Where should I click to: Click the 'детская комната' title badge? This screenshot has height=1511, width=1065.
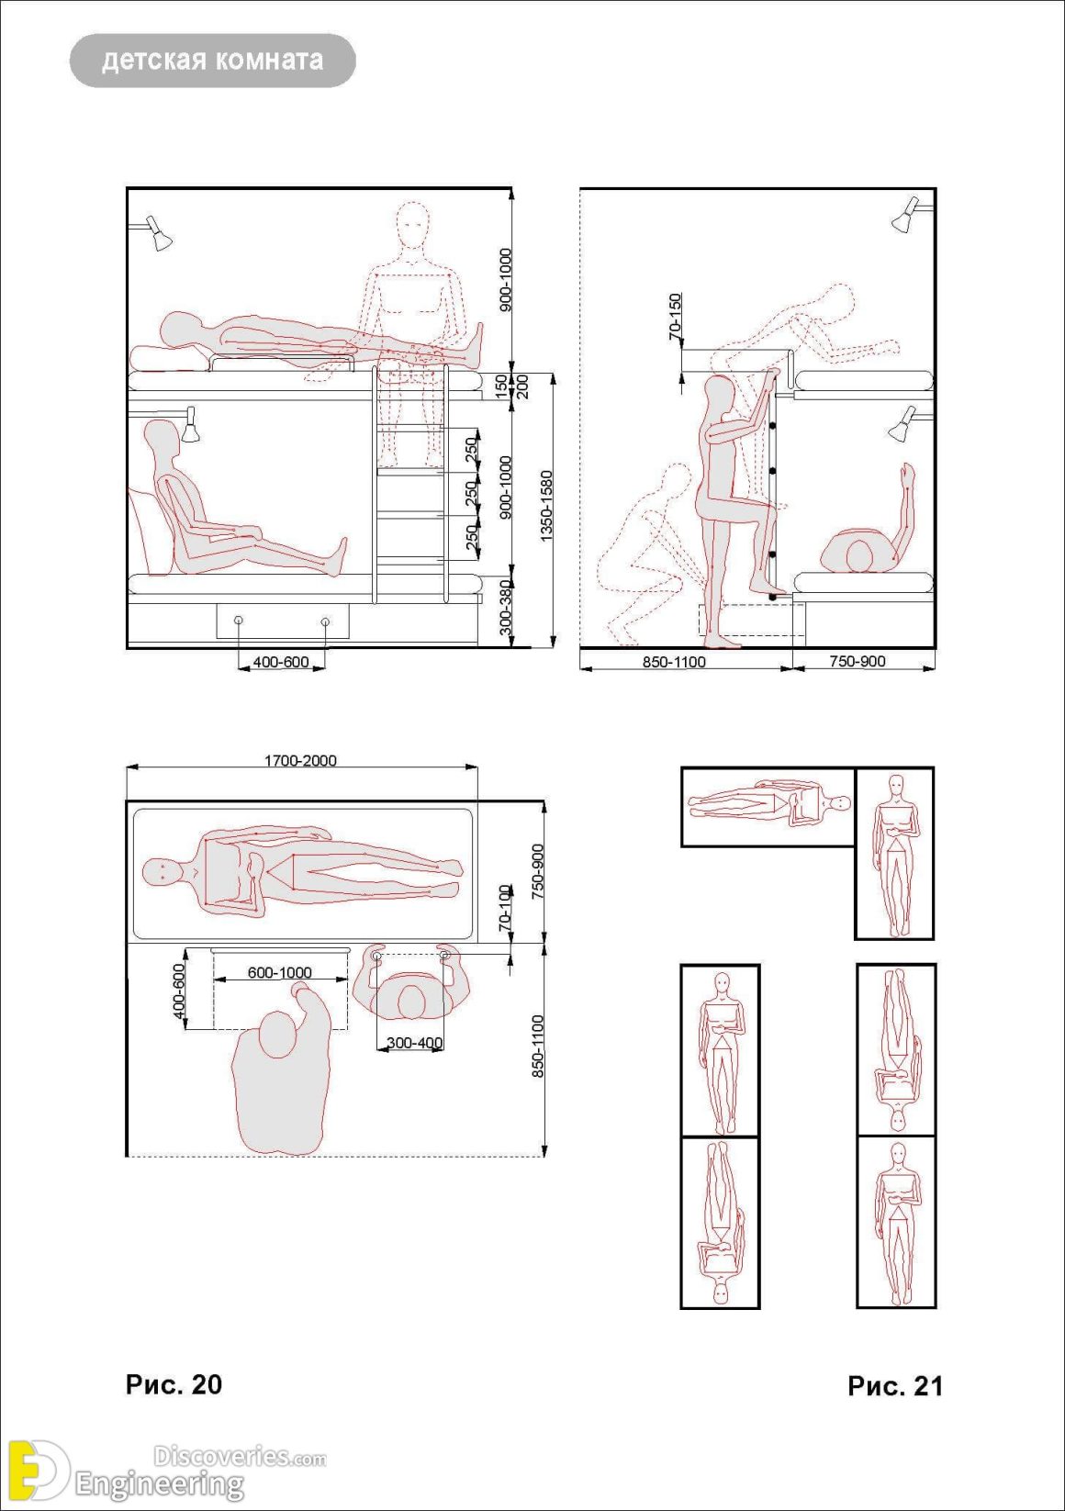tap(212, 61)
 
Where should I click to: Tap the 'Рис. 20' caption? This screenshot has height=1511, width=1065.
tap(174, 1384)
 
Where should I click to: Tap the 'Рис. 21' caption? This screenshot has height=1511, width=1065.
tap(895, 1386)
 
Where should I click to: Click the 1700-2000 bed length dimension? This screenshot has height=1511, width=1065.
tap(300, 760)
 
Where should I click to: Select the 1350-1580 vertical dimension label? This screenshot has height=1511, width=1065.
tap(546, 506)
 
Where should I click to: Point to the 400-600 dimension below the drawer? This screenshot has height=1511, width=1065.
tap(281, 662)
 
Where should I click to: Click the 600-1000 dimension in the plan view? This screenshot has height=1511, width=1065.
tap(280, 972)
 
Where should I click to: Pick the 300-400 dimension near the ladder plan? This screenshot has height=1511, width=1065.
tap(414, 1043)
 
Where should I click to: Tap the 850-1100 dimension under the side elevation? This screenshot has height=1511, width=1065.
tap(674, 661)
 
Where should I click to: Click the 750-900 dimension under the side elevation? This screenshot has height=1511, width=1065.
tap(858, 661)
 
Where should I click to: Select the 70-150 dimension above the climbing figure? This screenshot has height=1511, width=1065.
tap(676, 317)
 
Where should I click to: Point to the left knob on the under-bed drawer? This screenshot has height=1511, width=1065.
tap(239, 621)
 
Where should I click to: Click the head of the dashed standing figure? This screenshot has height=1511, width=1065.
tap(412, 224)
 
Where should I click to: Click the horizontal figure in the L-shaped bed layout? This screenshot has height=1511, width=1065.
tap(769, 804)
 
